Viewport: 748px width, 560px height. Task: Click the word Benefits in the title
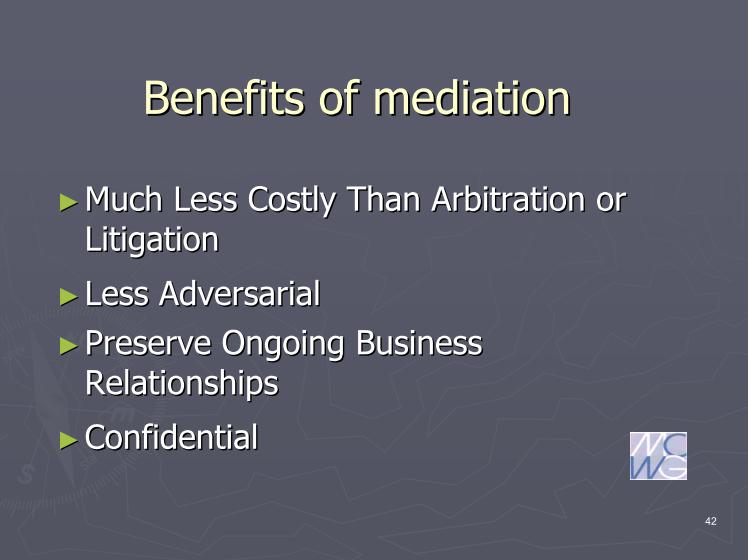224,98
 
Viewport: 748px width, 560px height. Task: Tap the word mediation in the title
472,98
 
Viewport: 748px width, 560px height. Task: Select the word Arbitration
508,199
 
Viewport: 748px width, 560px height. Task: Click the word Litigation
152,239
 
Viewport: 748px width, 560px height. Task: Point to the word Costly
291,200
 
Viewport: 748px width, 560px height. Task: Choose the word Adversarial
239,293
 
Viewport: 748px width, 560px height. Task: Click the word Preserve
148,343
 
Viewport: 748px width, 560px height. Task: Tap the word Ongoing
282,344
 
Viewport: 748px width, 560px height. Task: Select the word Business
419,343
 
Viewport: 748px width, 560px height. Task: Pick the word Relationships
182,384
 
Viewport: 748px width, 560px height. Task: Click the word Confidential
172,437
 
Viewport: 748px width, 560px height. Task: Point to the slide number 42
711,521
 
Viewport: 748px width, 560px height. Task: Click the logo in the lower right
658,456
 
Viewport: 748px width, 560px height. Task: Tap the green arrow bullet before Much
69,202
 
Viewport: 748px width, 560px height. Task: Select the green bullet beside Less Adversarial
69,297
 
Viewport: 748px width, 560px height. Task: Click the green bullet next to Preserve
69,346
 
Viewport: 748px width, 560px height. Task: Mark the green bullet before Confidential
69,440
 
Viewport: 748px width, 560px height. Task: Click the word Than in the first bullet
384,199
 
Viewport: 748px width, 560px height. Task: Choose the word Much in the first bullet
124,199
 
